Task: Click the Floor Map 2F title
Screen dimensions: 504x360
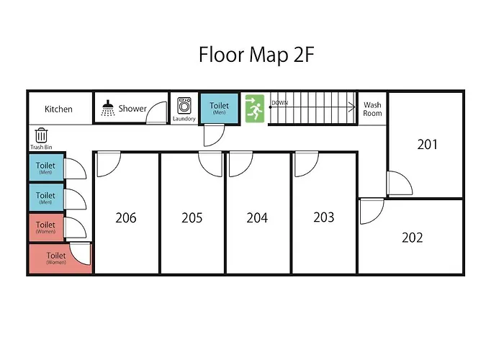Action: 256,55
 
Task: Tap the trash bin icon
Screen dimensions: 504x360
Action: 41,135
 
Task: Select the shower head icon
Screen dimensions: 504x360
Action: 108,108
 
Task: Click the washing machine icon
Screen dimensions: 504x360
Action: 184,105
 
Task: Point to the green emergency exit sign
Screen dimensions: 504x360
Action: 255,108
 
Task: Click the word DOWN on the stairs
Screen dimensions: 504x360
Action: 279,103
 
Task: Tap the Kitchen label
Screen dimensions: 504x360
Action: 58,109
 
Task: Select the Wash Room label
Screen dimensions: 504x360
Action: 372,109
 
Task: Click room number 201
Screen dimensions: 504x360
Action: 427,144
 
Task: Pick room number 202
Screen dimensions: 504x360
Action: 412,238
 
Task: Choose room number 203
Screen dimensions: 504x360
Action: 324,217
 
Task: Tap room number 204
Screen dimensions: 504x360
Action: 257,217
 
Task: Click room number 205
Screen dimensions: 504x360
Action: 192,217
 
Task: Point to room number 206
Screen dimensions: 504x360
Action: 126,217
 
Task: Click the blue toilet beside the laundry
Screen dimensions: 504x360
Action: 219,108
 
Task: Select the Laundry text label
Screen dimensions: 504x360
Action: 184,119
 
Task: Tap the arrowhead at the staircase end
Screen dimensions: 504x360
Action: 353,107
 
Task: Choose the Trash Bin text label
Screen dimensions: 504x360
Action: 41,147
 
